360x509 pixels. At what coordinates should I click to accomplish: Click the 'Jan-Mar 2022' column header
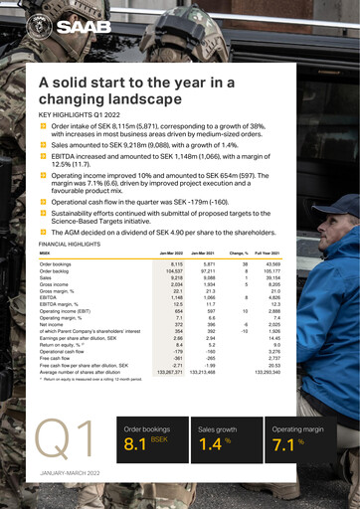pyautogui.click(x=161, y=255)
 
